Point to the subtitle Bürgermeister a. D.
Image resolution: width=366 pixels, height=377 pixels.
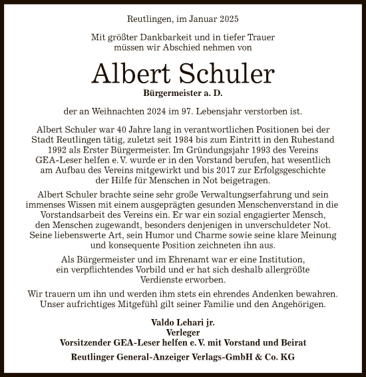(182, 93)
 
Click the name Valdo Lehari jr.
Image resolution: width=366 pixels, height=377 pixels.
(182, 322)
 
